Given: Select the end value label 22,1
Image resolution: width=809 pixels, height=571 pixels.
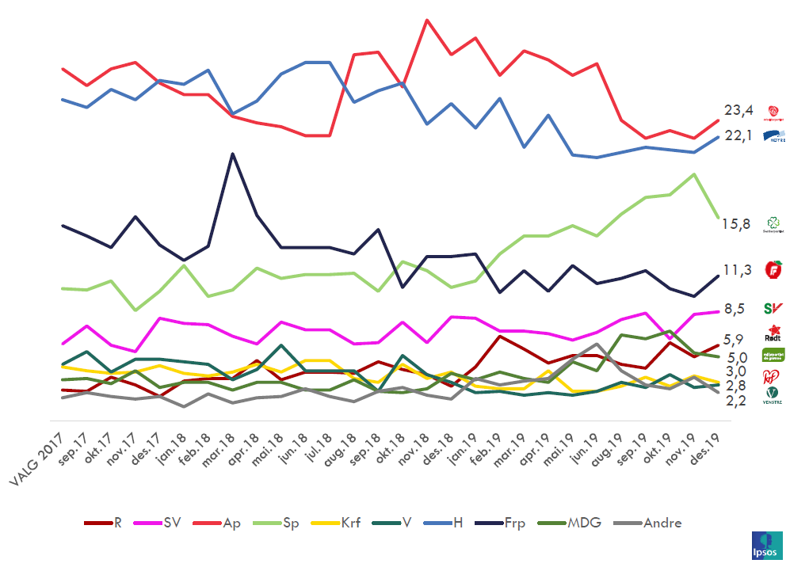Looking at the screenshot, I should (x=738, y=136).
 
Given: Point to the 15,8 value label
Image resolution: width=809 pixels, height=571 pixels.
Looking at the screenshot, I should (x=736, y=224).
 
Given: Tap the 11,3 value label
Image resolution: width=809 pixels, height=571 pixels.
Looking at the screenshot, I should (x=738, y=271).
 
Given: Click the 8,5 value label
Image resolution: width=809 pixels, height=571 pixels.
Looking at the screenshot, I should (x=735, y=309).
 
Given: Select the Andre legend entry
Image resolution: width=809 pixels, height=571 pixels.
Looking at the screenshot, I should (x=650, y=523).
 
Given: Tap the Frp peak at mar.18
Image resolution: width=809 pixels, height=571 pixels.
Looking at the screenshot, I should (x=232, y=154).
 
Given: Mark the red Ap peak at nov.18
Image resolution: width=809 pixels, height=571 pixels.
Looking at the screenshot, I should (x=428, y=20).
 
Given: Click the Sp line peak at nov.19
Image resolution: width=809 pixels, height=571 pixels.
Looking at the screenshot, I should (x=695, y=174).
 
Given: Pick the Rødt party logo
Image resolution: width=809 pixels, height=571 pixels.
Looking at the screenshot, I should (x=773, y=332).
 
